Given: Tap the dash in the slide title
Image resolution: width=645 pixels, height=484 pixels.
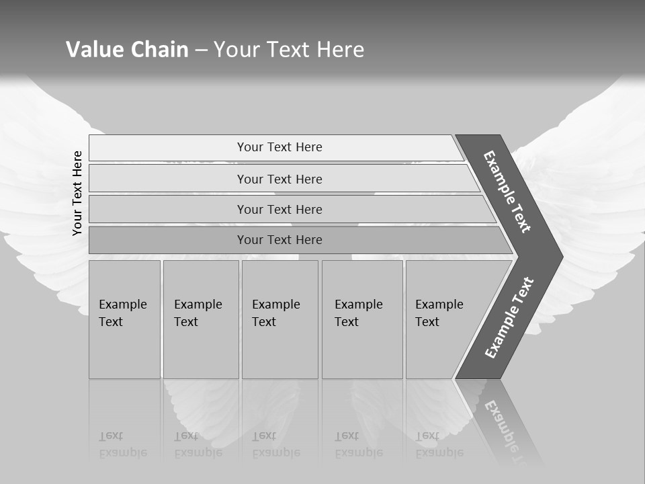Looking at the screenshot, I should coord(201,50).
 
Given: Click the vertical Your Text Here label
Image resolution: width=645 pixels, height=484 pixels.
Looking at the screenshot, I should coord(77,193).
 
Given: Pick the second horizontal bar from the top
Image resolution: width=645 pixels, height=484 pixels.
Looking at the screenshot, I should coord(279,179).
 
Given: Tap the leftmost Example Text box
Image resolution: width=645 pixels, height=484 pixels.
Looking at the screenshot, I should coord(124,319).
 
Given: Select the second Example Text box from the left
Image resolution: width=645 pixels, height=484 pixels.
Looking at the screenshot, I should coord(201,319).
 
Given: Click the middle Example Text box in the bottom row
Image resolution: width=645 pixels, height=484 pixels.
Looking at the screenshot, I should coord(279,319).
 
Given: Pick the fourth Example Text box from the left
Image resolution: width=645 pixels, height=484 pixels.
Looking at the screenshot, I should coord(362,319).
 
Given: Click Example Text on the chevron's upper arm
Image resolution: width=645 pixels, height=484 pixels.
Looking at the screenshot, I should coord(507,192).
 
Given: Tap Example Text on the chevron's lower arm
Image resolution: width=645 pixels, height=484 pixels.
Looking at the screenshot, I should coord(509,318).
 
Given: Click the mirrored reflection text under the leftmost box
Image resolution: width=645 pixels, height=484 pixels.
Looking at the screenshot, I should coord(123,444).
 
